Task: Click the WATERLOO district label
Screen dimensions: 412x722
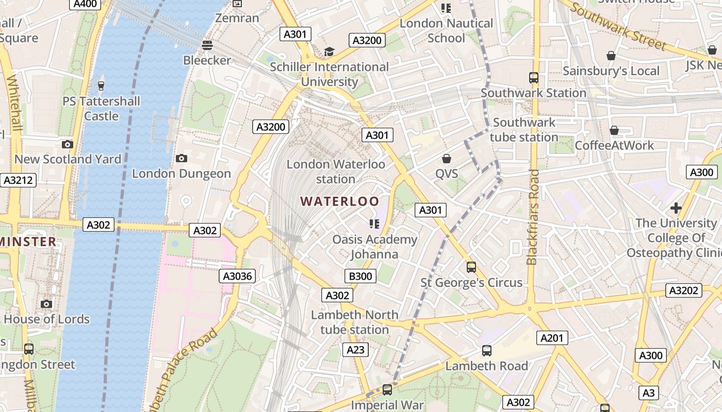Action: click(x=340, y=201)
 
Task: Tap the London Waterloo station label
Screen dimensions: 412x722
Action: click(x=336, y=171)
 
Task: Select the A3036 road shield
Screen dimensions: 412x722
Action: click(x=237, y=276)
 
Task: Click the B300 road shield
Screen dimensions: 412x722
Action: click(x=360, y=276)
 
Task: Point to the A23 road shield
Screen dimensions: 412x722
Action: click(x=355, y=350)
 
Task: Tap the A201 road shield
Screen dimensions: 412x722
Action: click(x=552, y=338)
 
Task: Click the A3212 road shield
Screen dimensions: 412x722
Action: click(x=18, y=180)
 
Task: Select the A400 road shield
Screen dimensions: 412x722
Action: click(x=85, y=4)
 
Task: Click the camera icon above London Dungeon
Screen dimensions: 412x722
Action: click(x=182, y=158)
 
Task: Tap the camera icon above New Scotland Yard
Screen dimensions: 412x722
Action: click(x=68, y=144)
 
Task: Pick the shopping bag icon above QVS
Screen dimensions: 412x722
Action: click(x=447, y=159)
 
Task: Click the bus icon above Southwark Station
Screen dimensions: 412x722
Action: click(x=534, y=78)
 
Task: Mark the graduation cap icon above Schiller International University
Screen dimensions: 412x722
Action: click(x=329, y=51)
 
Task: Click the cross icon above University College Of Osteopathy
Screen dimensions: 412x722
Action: click(x=676, y=208)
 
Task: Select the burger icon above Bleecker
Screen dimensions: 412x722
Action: click(x=207, y=45)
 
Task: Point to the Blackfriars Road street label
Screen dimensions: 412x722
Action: click(x=533, y=216)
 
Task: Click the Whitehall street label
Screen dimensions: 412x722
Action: click(x=14, y=103)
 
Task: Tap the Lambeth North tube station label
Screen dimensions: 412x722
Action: click(x=354, y=322)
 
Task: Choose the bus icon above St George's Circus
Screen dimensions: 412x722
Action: click(x=471, y=267)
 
